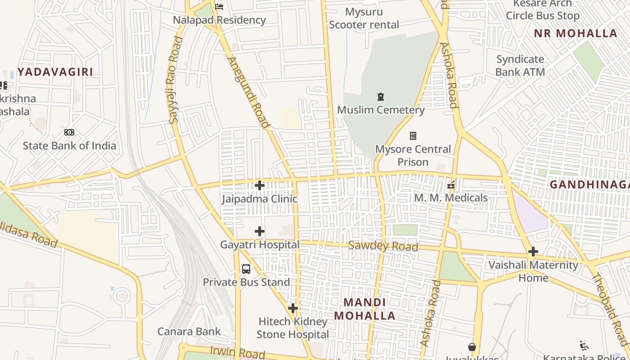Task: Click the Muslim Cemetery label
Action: click(381, 110)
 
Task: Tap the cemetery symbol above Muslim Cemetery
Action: click(381, 97)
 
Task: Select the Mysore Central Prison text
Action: click(413, 155)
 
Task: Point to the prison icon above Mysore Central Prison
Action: click(413, 135)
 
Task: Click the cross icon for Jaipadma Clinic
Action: click(260, 185)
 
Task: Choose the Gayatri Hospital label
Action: click(260, 245)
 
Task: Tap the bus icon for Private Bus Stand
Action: click(246, 269)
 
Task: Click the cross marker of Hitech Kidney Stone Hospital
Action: click(293, 308)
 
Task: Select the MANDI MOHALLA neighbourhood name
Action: click(364, 309)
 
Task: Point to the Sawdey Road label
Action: click(383, 246)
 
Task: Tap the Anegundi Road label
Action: click(249, 93)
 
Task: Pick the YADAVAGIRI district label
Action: click(55, 72)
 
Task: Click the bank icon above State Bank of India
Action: click(69, 132)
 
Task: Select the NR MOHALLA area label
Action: click(576, 33)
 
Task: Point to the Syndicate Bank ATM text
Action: click(520, 66)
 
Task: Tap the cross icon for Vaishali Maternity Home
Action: click(533, 251)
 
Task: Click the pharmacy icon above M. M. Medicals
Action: click(451, 185)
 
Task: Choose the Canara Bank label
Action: click(189, 332)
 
